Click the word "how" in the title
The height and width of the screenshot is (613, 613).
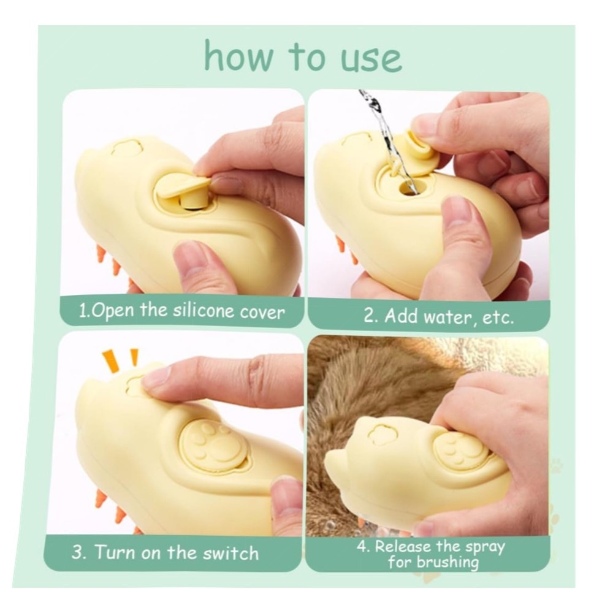point(238,56)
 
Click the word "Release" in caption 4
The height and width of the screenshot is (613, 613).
point(403,547)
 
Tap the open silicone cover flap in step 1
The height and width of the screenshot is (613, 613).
point(183,185)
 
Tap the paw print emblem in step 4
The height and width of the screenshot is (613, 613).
point(460,449)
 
